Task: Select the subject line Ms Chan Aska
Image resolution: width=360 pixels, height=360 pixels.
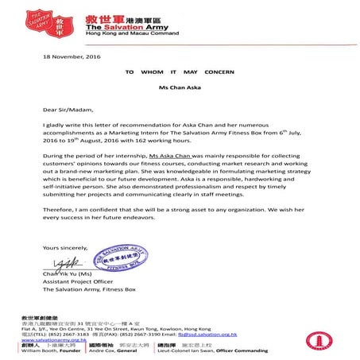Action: pos(179,85)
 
